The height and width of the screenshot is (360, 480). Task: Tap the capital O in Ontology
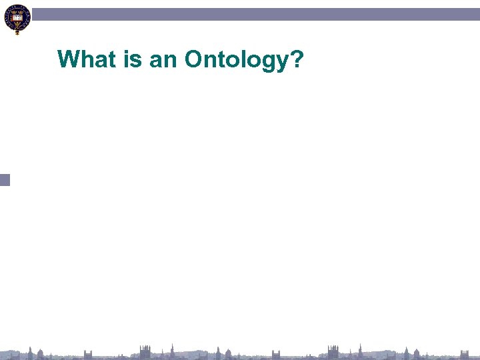[194, 59]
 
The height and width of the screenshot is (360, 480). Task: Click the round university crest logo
[17, 17]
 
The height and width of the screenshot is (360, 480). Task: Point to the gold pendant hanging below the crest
[17, 31]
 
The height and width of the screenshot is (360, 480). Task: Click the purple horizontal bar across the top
[253, 14]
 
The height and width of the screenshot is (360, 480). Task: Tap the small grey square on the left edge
[5, 179]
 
